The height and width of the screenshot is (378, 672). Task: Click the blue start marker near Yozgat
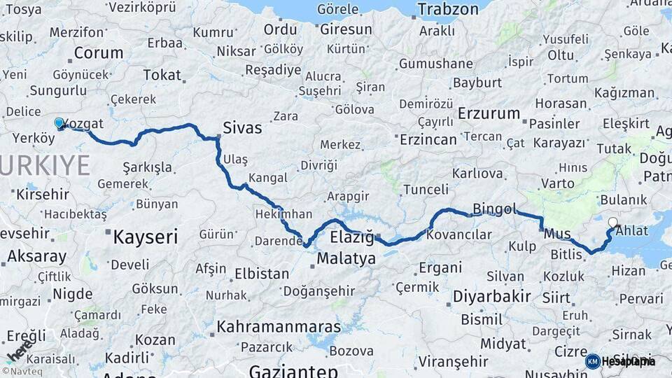(x=59, y=122)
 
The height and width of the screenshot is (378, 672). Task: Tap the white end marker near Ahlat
(x=613, y=223)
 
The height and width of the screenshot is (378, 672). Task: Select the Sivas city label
(x=242, y=127)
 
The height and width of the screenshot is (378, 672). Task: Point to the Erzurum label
(x=489, y=113)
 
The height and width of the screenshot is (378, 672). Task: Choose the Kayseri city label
(x=145, y=237)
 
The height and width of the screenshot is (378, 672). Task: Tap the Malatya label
(x=346, y=258)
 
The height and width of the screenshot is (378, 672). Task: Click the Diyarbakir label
(x=491, y=296)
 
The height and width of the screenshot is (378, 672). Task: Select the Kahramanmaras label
(x=279, y=327)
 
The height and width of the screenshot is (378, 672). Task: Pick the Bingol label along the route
(x=494, y=209)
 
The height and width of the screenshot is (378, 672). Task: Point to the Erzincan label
(x=428, y=139)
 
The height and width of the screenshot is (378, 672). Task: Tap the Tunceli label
(x=426, y=189)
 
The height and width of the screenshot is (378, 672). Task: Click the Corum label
(x=98, y=52)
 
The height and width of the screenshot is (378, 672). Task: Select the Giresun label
(x=346, y=29)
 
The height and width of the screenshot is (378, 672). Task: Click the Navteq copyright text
(x=20, y=371)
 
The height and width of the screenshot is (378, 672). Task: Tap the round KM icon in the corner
(x=592, y=361)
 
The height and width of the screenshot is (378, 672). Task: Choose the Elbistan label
(x=262, y=273)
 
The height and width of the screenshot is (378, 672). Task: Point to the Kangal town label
(x=268, y=178)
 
